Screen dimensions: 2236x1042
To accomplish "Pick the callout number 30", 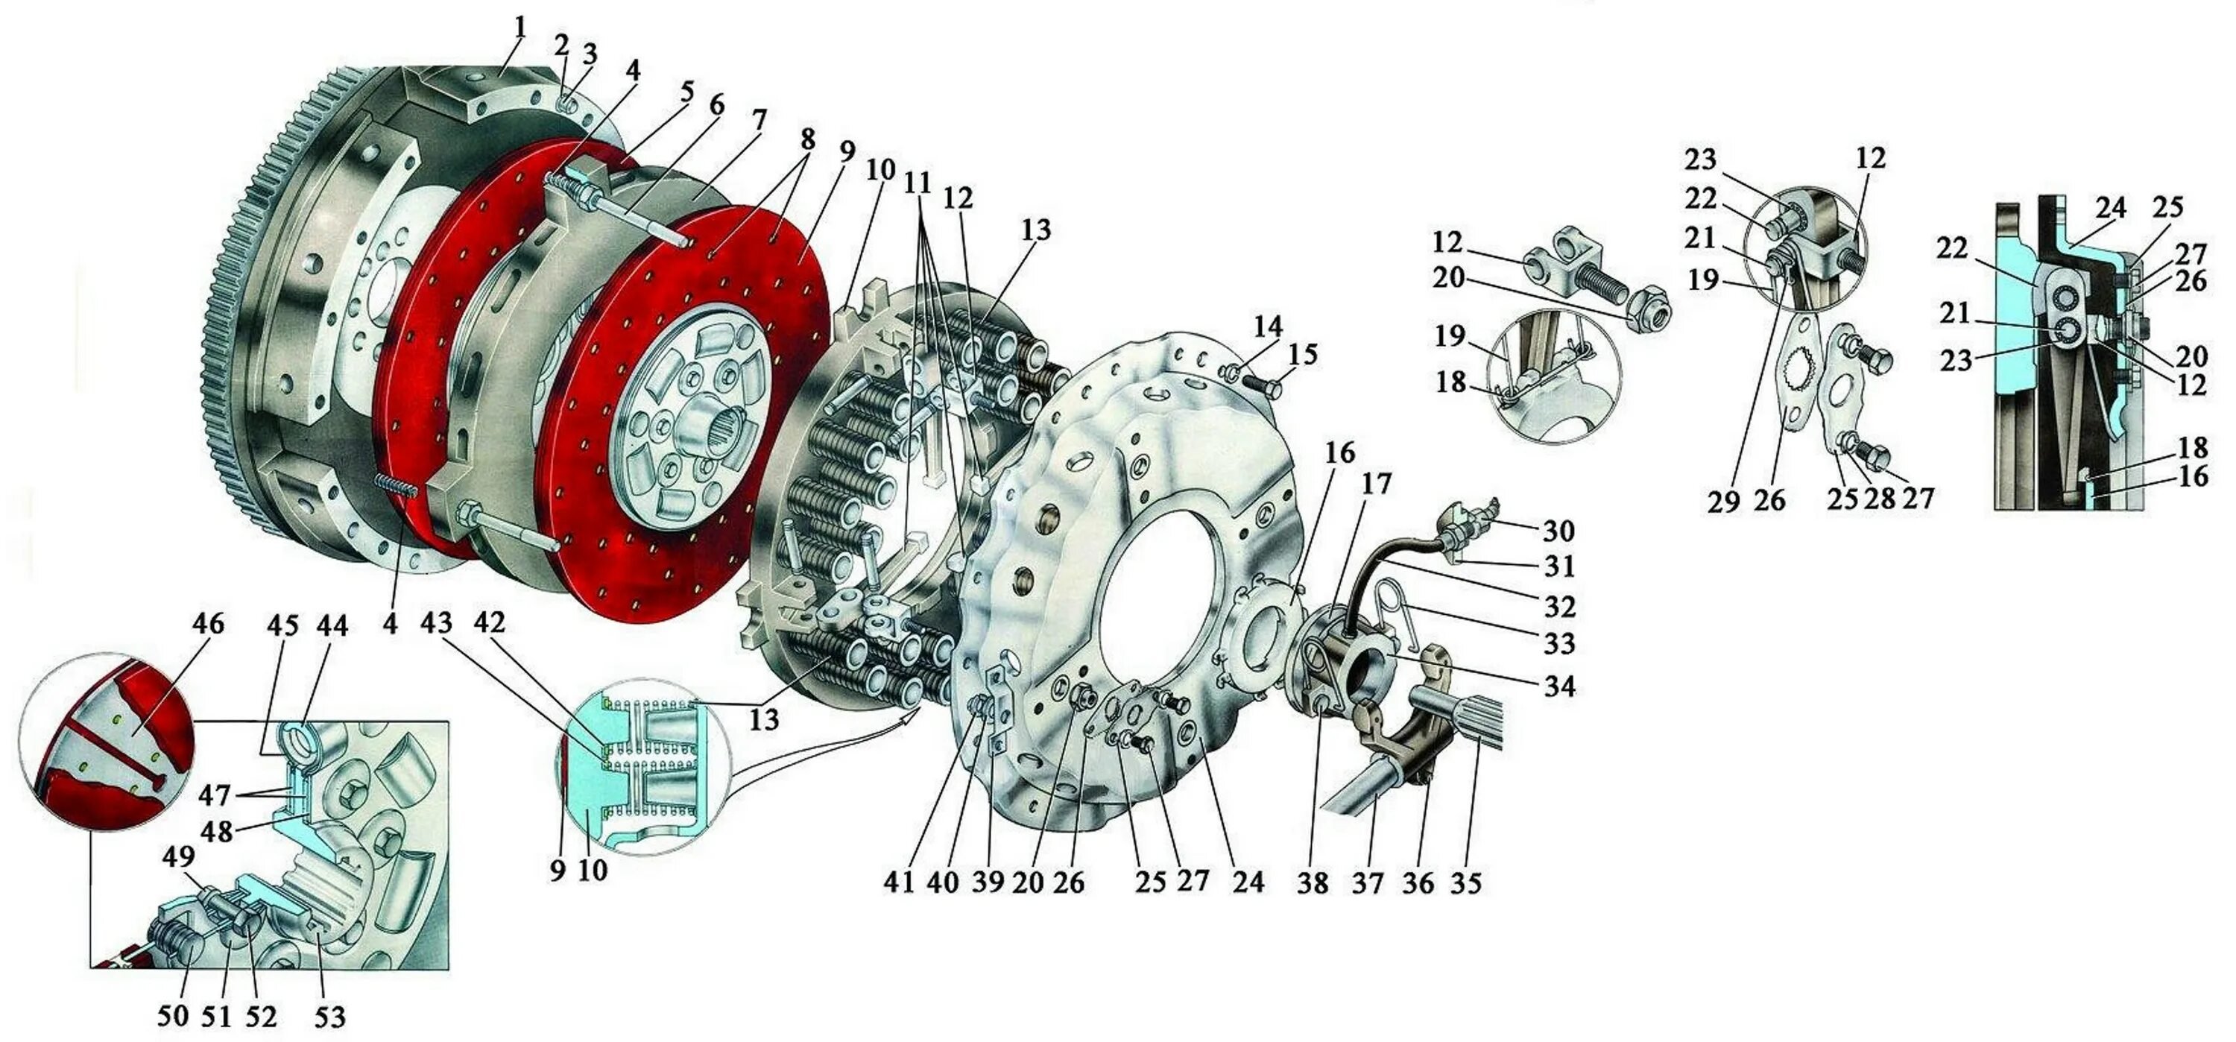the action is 1559,531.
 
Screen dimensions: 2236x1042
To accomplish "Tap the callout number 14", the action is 1268,326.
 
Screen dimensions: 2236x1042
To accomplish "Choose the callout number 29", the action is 1725,501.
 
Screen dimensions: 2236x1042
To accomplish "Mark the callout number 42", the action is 490,622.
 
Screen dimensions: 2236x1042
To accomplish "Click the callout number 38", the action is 1313,882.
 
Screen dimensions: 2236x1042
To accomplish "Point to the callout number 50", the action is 174,1015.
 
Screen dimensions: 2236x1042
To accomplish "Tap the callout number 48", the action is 216,831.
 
